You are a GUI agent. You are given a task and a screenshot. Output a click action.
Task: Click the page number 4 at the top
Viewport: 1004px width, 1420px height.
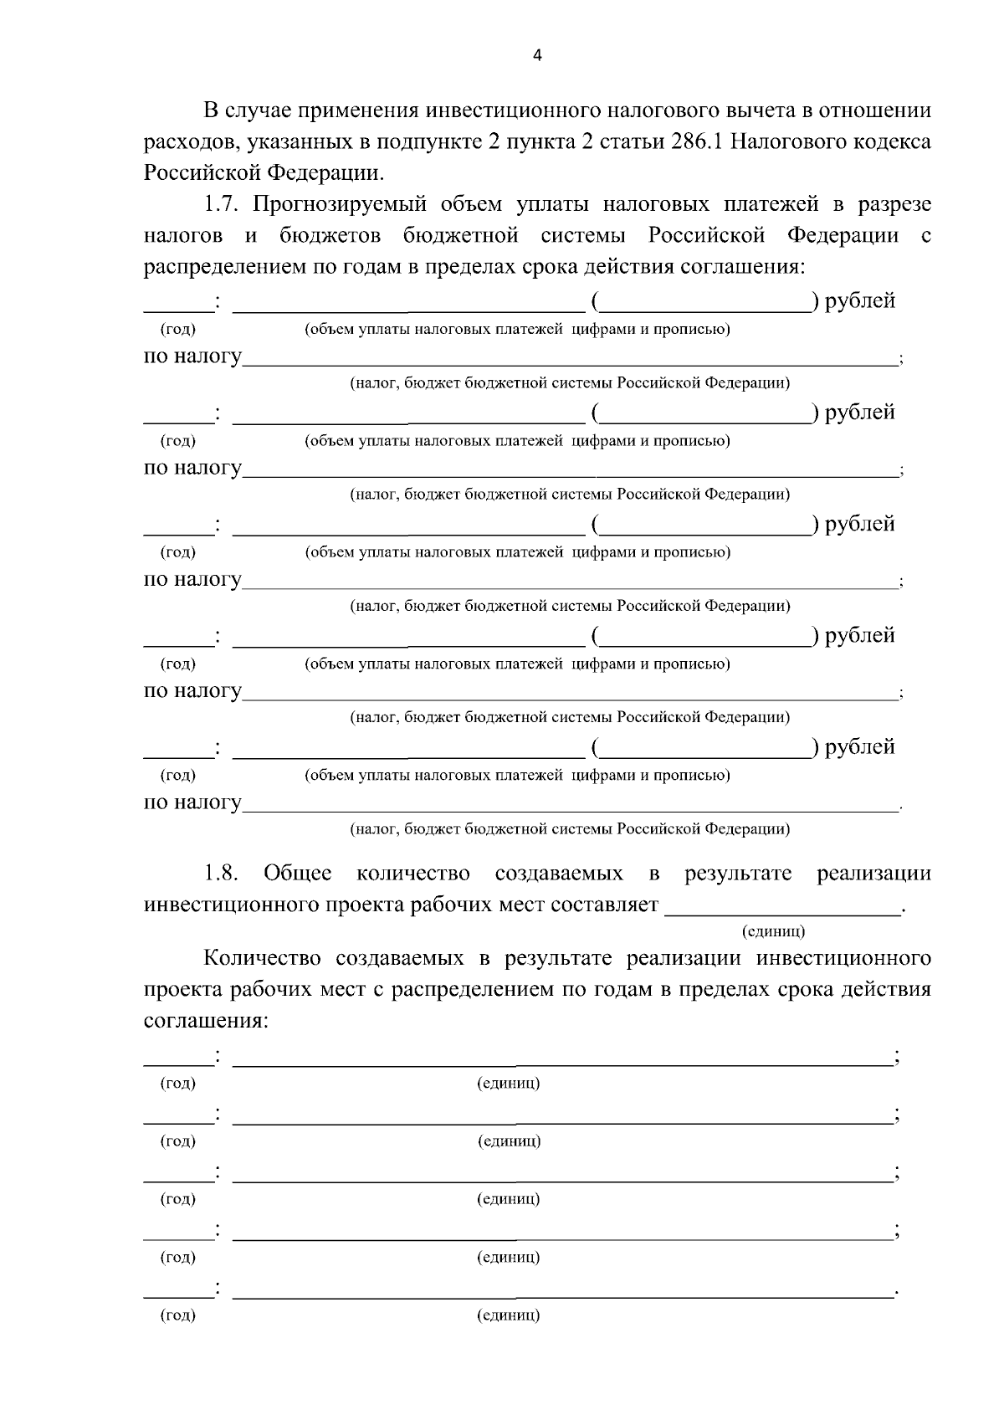click(537, 56)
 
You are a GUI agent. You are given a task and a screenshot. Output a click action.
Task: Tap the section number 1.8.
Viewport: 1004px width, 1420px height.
click(222, 874)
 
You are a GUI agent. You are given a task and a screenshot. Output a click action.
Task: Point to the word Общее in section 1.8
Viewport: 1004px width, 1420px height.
click(298, 874)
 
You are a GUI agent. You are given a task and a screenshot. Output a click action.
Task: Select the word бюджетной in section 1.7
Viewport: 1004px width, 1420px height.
click(460, 236)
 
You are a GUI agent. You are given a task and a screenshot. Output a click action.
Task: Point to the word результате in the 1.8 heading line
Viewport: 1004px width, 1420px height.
click(737, 874)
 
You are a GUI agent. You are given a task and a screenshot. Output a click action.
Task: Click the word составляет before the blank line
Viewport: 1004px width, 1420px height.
click(605, 905)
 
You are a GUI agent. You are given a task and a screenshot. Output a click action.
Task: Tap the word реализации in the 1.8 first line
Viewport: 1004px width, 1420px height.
click(873, 874)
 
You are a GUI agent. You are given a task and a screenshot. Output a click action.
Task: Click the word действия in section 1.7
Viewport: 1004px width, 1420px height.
click(612, 267)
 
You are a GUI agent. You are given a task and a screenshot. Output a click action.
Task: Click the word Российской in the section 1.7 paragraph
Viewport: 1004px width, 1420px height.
click(707, 236)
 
